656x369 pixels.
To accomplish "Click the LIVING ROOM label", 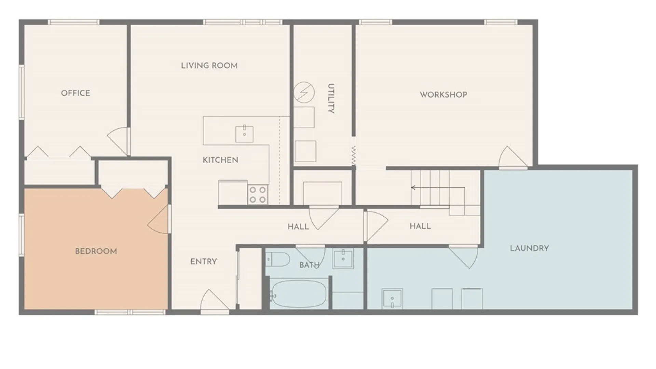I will click(209, 66).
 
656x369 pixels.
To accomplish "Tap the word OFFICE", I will click(76, 93).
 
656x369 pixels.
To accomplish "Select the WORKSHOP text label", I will click(443, 95).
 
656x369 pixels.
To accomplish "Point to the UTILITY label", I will click(331, 98).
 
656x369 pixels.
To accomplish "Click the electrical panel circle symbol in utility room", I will click(304, 92).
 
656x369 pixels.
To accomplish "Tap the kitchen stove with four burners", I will click(258, 194).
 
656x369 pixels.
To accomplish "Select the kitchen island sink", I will click(244, 134).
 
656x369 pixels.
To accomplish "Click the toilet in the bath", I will click(277, 259).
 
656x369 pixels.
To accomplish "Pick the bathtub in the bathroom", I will click(298, 293).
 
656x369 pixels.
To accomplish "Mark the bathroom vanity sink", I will click(343, 259).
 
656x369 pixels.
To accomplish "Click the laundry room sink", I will click(392, 299).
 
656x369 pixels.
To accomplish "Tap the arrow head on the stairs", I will click(413, 188).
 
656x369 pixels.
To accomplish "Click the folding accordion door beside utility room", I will click(354, 156).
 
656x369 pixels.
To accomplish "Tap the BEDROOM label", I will click(96, 251).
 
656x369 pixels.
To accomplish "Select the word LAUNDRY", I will click(529, 248).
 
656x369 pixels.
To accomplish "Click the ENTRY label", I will click(203, 262).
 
